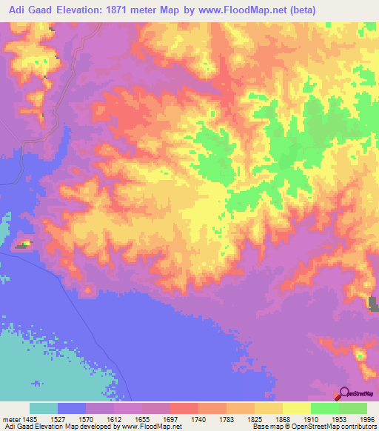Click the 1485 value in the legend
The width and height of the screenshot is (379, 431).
tap(31, 419)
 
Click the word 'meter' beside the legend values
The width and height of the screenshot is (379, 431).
tap(12, 419)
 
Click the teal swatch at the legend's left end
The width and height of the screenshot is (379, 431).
tap(44, 408)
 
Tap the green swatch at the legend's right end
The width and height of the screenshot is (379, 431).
tap(353, 408)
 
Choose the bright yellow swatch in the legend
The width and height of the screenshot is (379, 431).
tap(297, 408)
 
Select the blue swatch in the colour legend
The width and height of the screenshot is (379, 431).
tap(72, 408)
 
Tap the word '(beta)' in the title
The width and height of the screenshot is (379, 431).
tap(321, 10)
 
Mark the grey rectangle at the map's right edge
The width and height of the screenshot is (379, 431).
tap(374, 304)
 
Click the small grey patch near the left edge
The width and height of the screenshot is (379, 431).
tap(19, 245)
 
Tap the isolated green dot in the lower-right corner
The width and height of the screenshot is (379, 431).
tap(360, 356)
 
